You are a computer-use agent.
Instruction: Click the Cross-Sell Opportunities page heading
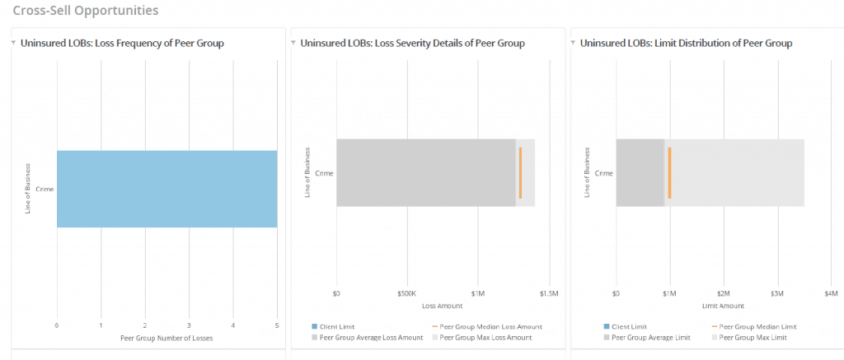(x=86, y=11)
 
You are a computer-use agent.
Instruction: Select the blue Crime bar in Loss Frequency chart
(x=166, y=189)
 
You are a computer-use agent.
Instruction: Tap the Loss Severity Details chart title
(x=412, y=43)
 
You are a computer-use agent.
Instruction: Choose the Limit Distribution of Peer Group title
(x=686, y=43)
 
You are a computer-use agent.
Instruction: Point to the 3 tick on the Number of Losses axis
(x=189, y=325)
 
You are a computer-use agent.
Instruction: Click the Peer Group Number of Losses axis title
(x=166, y=338)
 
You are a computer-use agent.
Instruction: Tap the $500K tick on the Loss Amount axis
(x=406, y=293)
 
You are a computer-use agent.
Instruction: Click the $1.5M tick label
(x=548, y=293)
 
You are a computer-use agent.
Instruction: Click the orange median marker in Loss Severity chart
(x=520, y=172)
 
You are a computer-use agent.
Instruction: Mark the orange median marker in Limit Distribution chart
(x=669, y=172)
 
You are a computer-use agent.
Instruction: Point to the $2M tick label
(x=723, y=293)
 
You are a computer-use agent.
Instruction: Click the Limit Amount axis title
(x=723, y=305)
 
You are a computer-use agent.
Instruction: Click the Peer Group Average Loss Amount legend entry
(x=364, y=337)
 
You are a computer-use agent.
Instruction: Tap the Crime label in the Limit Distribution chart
(x=603, y=173)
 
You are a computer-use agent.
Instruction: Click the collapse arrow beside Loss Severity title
(x=293, y=43)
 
